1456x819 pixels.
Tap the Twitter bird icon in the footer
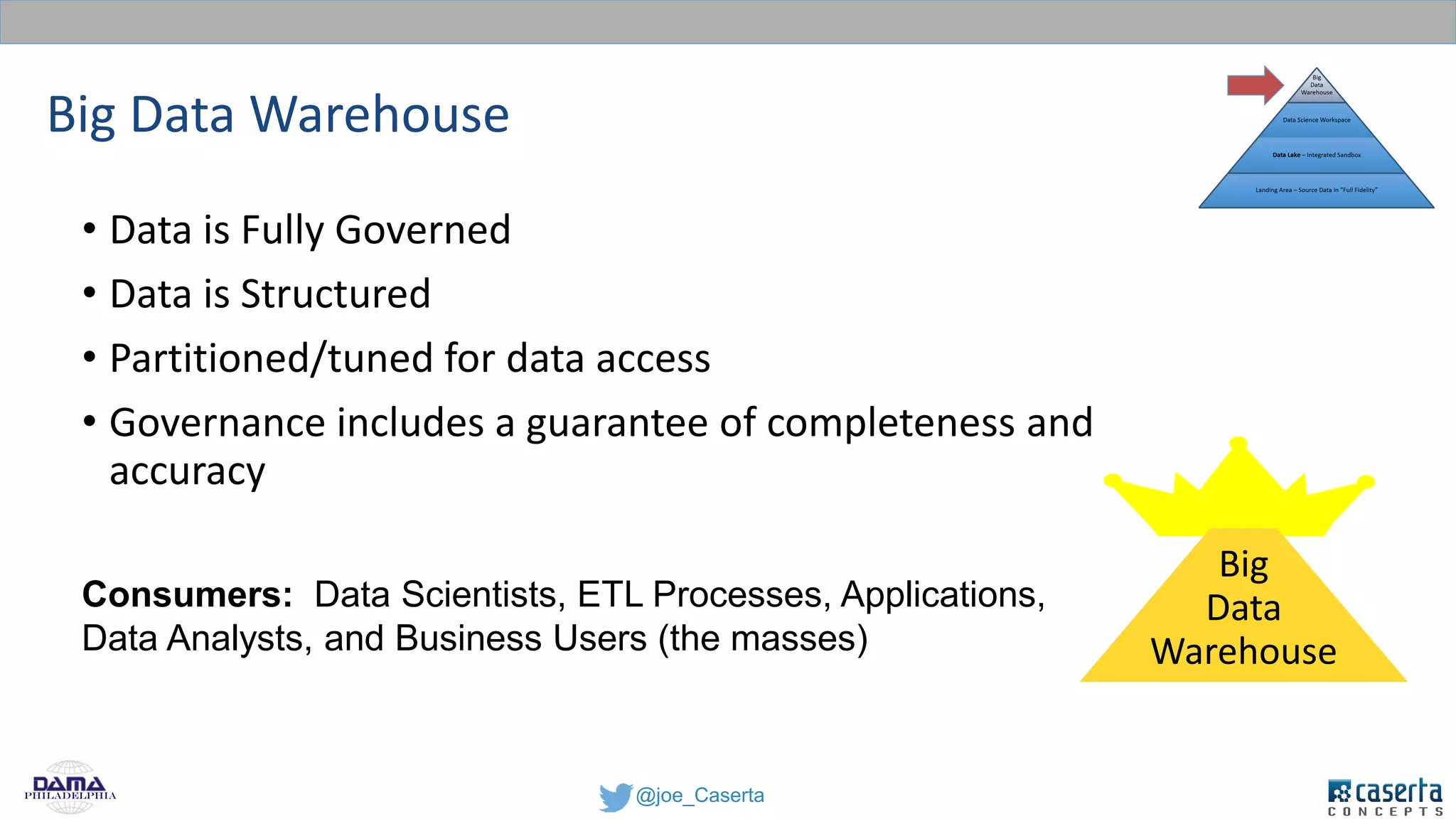[x=615, y=796]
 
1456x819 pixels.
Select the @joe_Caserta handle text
[x=700, y=795]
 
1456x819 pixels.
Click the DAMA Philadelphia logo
[x=70, y=788]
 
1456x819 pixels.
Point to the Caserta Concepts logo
[x=1385, y=796]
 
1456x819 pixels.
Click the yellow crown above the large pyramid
[x=1238, y=491]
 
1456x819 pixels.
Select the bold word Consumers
[x=187, y=594]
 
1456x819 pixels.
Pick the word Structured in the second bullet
[x=336, y=294]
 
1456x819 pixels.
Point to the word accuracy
[x=187, y=472]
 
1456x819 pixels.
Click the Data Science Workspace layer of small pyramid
[x=1316, y=120]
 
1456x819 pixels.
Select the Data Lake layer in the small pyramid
[x=1316, y=155]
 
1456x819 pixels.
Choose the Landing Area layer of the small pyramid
[x=1316, y=190]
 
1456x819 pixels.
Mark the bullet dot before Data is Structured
[x=89, y=293]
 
